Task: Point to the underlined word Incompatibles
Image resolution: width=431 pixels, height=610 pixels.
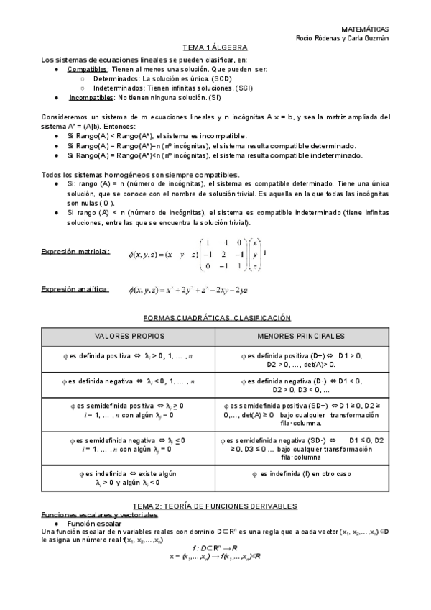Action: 91,96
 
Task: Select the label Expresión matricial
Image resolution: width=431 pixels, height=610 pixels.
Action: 76,252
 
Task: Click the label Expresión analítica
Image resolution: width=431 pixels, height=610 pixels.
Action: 75,290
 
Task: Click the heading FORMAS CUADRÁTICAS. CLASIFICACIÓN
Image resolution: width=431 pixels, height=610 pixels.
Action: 216,317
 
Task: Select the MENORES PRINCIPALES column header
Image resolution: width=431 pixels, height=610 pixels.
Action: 300,336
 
